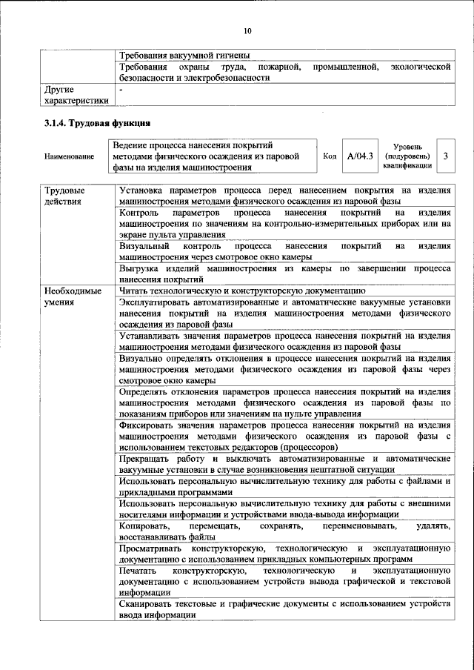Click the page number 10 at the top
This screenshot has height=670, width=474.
[x=247, y=30]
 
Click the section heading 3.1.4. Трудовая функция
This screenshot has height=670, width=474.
[x=98, y=122]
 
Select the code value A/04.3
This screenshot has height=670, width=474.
[x=361, y=156]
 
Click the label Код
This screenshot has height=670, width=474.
[x=330, y=156]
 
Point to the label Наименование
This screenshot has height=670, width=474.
[x=70, y=156]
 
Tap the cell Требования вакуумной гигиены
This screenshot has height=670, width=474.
[x=184, y=55]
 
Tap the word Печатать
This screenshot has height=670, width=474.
[x=138, y=571]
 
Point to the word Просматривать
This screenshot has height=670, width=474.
[x=152, y=548]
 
